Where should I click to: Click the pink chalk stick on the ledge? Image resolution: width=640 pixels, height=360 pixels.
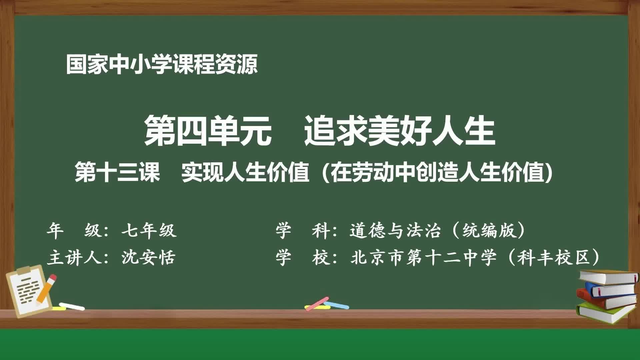(x=316, y=303)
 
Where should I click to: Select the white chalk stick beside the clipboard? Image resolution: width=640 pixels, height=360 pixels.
(x=72, y=306)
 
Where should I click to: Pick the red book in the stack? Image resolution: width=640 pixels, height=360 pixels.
(x=605, y=299)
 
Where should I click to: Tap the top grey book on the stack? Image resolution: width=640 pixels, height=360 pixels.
(x=608, y=277)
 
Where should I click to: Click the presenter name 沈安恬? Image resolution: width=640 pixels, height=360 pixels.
(x=148, y=258)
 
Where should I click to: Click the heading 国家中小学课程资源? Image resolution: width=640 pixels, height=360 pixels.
(x=162, y=64)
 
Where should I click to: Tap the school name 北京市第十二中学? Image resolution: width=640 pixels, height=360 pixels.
(x=424, y=258)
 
